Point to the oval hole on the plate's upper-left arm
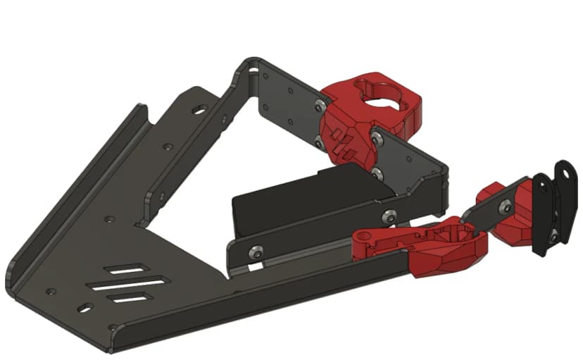point(201,109)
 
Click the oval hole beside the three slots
point(84,308)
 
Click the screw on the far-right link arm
point(505,206)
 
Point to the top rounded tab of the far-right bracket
point(564,169)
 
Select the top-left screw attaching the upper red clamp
point(321,106)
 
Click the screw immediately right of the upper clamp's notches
point(378,139)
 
